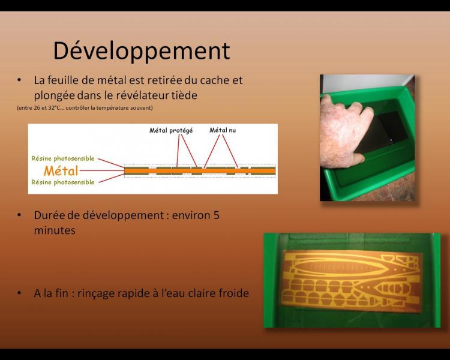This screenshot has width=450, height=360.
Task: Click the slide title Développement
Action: pyautogui.click(x=142, y=51)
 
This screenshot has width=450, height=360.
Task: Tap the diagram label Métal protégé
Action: pyautogui.click(x=171, y=131)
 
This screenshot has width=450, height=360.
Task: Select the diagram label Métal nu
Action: pyautogui.click(x=223, y=130)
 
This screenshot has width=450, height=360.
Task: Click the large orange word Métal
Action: pyautogui.click(x=61, y=171)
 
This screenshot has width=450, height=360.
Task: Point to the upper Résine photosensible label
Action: pyautogui.click(x=63, y=158)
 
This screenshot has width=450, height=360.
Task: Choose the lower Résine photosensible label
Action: pyautogui.click(x=63, y=182)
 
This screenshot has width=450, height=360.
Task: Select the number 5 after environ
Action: pyautogui.click(x=217, y=215)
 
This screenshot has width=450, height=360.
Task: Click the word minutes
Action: pyautogui.click(x=55, y=230)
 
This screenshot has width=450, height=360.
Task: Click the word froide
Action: pyautogui.click(x=234, y=293)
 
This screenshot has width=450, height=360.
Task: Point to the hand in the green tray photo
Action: pyautogui.click(x=345, y=131)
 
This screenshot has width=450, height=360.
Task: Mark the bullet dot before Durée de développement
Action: pyautogui.click(x=19, y=215)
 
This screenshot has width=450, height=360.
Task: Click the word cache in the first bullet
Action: pyautogui.click(x=214, y=80)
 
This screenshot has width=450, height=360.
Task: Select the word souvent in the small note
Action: pyautogui.click(x=143, y=108)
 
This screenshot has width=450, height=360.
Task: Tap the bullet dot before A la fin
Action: pyautogui.click(x=19, y=293)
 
